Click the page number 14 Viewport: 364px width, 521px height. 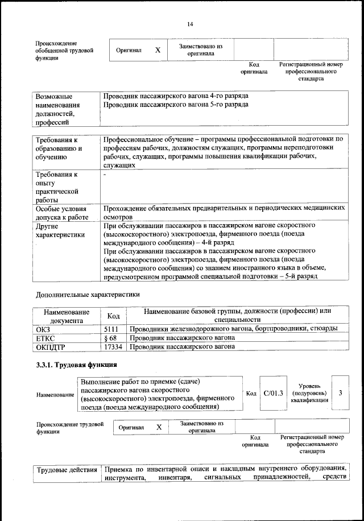pyautogui.click(x=190, y=24)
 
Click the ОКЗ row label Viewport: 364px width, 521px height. pyautogui.click(x=43, y=329)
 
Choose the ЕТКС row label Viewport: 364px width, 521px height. pyautogui.click(x=45, y=337)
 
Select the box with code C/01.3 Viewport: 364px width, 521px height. pyautogui.click(x=273, y=392)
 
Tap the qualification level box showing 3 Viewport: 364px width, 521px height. pyautogui.click(x=340, y=392)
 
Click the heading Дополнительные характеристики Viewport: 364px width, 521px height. pyautogui.click(x=87, y=295)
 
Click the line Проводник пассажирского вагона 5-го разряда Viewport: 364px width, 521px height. pyautogui.click(x=176, y=105)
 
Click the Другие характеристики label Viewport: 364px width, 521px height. pyautogui.click(x=60, y=230)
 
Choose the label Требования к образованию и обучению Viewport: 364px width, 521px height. pyautogui.click(x=59, y=148)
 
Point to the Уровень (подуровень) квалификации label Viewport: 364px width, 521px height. pyautogui.click(x=309, y=392)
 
